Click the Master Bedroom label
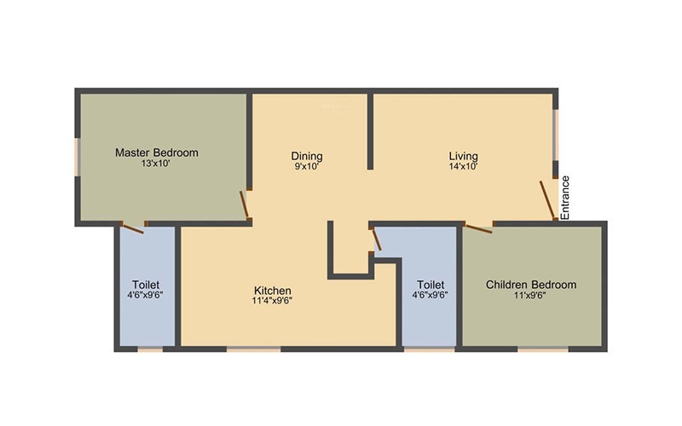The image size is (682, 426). pos(157,153)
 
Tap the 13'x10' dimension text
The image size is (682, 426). pos(155,164)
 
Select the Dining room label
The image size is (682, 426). pos(307,156)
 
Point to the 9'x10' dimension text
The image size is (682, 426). pos(307,166)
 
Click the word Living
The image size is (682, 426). pos(463,156)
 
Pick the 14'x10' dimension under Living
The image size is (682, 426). pos(464,166)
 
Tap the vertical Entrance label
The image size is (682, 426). pos(564,198)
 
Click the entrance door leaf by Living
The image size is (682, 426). pos(547,199)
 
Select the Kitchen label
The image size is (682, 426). pos(273,291)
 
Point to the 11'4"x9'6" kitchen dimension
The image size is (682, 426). pos(272,301)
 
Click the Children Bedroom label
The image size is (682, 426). pos(531,285)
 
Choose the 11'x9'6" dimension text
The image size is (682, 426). pos(529,295)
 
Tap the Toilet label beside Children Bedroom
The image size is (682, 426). pos(431,285)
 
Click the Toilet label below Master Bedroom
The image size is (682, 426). pos(146,285)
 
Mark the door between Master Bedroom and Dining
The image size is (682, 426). pos(245,204)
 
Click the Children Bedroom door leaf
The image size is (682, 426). pos(478,228)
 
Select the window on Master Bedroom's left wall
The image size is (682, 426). pos(77,157)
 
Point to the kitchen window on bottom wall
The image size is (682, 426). pos(254,348)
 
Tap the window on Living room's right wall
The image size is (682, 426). pos(556,135)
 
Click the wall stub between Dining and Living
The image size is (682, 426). pos(370,130)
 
